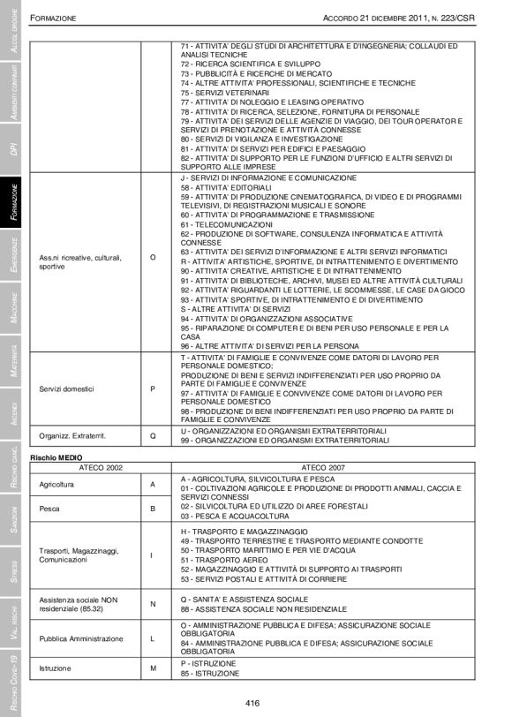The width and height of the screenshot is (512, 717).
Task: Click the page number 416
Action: (x=252, y=703)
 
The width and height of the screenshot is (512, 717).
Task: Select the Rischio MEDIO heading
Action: (x=56, y=457)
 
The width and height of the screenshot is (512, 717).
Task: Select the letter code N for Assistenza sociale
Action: (x=153, y=604)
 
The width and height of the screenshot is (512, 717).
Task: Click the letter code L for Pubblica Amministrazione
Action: (x=153, y=637)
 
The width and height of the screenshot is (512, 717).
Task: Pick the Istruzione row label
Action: (x=54, y=668)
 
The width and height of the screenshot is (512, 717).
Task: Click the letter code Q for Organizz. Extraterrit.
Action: (x=153, y=435)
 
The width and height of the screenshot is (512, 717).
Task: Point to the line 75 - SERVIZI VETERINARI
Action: (x=225, y=92)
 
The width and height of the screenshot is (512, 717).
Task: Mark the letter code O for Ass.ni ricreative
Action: (x=153, y=257)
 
